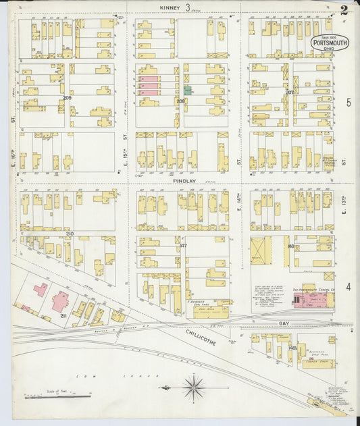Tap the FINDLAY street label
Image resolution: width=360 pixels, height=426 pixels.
184,182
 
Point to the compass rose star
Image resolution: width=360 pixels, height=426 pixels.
195,387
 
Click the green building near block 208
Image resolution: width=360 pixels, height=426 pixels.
187,90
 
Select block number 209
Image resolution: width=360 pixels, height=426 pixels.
67,98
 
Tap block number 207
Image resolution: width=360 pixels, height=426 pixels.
289,92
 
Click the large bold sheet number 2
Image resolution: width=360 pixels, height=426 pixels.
344,9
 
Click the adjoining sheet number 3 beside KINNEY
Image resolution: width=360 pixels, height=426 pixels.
188,7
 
